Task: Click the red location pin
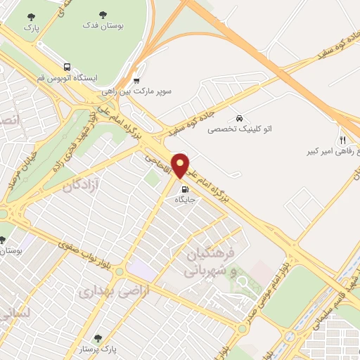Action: [181, 165]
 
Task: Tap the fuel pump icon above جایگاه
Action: [185, 188]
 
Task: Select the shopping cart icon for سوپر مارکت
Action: [136, 79]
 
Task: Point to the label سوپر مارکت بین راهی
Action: [136, 91]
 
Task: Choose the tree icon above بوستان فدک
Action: [103, 14]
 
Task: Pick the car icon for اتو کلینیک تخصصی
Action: [240, 118]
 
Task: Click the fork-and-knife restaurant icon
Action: [342, 140]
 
